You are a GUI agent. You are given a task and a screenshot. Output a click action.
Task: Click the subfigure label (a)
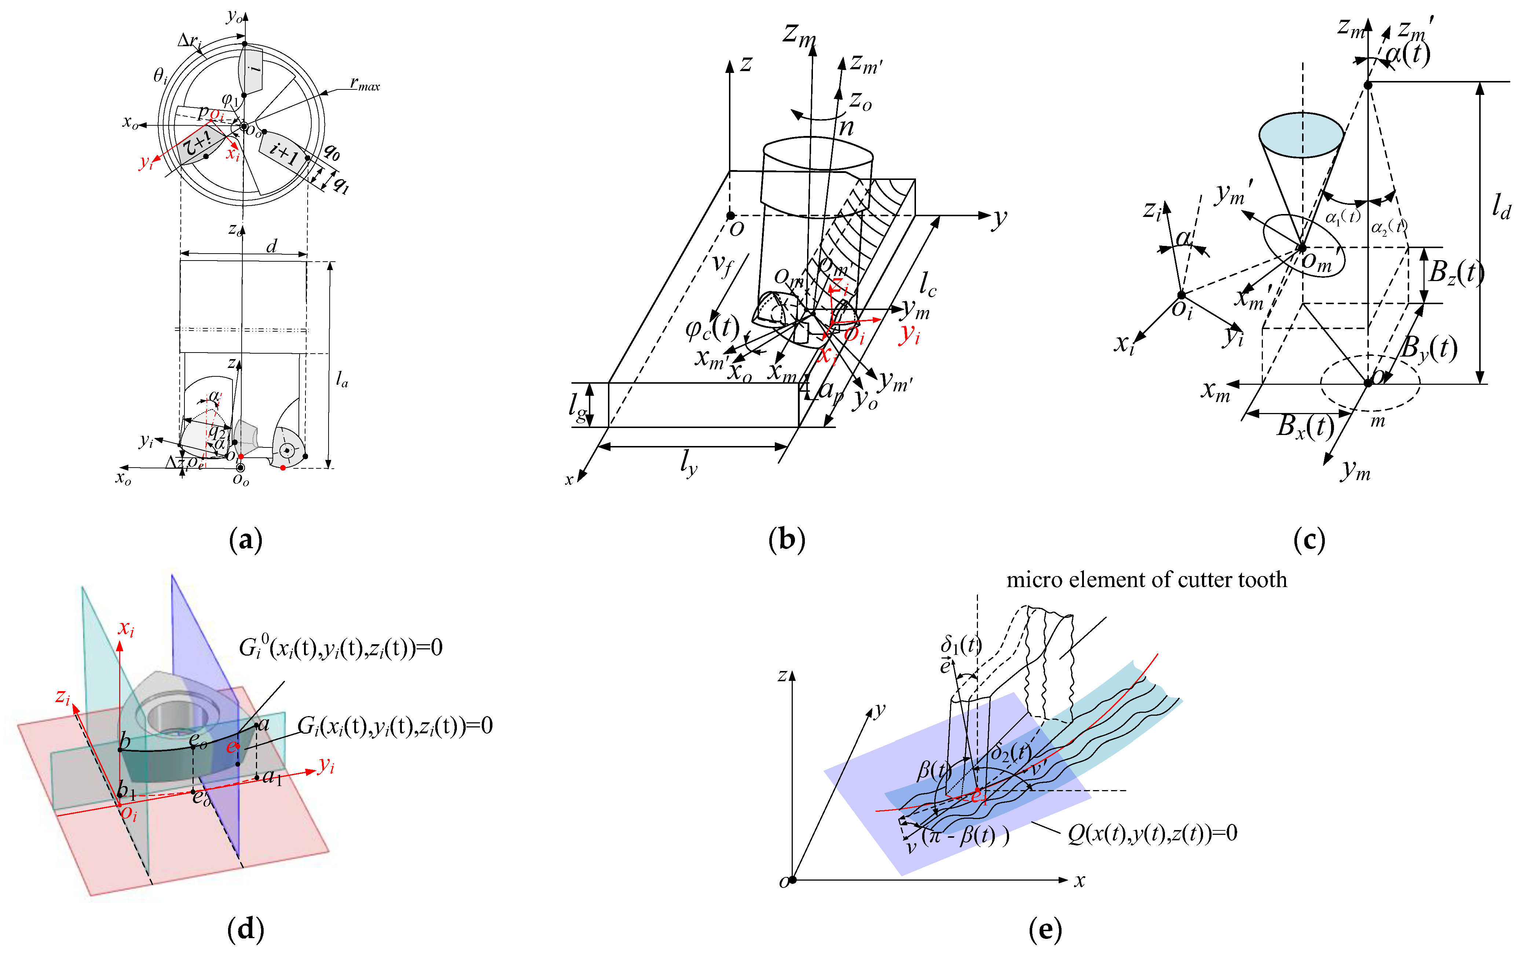click(245, 540)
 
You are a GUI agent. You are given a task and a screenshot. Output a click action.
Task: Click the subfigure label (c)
click(1309, 540)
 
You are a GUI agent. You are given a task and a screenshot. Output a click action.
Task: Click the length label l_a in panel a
click(342, 379)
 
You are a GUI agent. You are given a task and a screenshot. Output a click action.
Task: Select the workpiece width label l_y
click(689, 464)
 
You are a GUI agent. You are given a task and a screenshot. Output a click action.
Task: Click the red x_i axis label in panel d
click(127, 629)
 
